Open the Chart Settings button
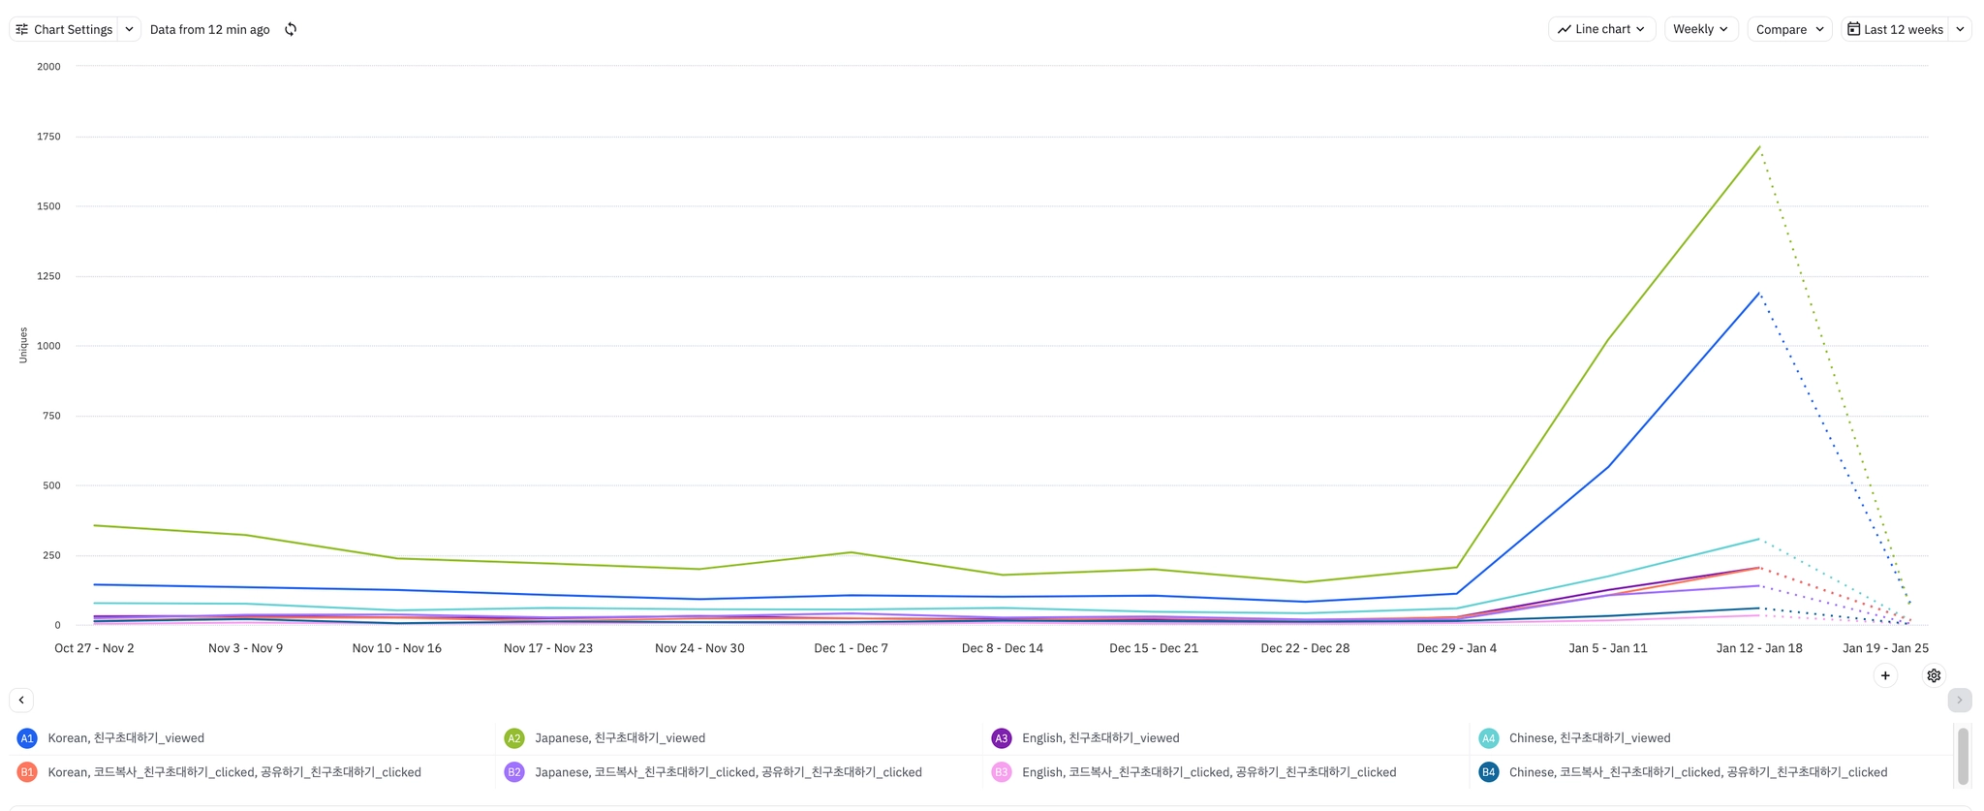(64, 29)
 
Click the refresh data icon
(291, 29)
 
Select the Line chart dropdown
(1601, 29)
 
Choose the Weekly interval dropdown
(1700, 29)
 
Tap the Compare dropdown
(1788, 29)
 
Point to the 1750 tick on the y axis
(48, 137)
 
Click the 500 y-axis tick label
(51, 485)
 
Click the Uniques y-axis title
(23, 345)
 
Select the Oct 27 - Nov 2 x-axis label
(94, 648)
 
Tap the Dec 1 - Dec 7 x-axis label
(851, 648)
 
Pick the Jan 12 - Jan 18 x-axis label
(1758, 648)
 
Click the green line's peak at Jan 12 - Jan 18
(1759, 147)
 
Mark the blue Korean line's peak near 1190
(1758, 293)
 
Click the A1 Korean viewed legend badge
(27, 738)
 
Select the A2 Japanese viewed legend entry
(620, 738)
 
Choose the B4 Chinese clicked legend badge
(1488, 772)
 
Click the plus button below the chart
(1884, 675)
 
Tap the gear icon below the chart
(1933, 675)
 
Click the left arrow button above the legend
(21, 700)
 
